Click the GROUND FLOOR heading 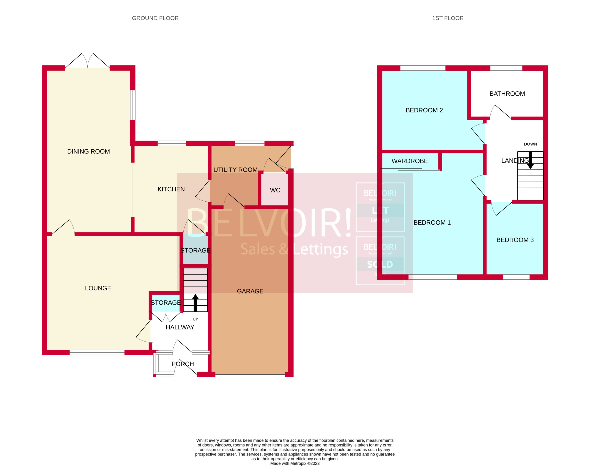[x=155, y=18]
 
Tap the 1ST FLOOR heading [x=448, y=18]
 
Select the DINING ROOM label [x=88, y=151]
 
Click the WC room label [x=275, y=190]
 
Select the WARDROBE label [x=410, y=161]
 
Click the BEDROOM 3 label [x=515, y=240]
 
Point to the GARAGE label [x=250, y=291]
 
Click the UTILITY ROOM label [x=235, y=170]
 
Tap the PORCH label [x=183, y=364]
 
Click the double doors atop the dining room [x=87, y=61]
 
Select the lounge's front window [x=97, y=352]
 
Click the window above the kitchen [x=172, y=143]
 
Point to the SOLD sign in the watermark [x=380, y=264]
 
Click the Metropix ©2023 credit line [x=295, y=463]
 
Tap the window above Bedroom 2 [x=423, y=68]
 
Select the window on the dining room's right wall [x=133, y=105]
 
